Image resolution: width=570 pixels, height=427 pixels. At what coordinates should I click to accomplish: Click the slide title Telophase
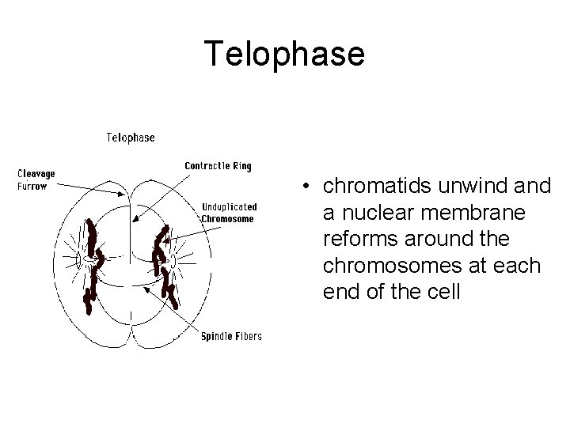click(x=284, y=54)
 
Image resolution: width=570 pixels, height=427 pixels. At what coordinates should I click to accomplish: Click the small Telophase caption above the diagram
click(x=131, y=137)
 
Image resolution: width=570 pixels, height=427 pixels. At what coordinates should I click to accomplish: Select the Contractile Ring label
click(x=218, y=166)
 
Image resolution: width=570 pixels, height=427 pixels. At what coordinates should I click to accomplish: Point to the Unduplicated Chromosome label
click(x=229, y=213)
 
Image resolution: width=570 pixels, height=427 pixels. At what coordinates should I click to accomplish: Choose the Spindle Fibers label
click(x=231, y=336)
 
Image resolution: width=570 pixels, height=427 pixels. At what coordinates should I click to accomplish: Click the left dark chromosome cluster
click(x=93, y=265)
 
